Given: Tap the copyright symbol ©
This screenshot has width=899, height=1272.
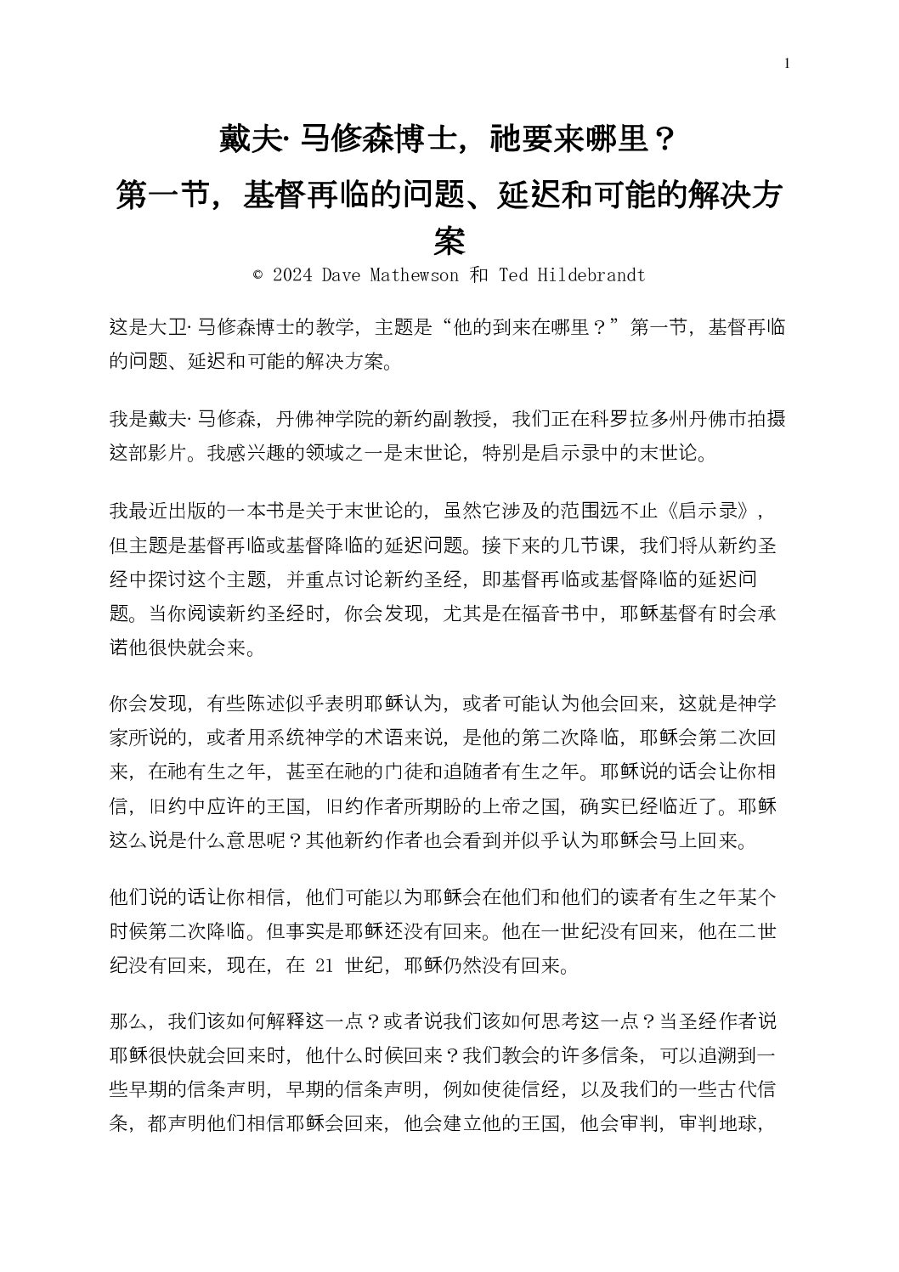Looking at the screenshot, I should point(258,275).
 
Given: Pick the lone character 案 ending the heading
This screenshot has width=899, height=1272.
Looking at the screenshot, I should point(449,240).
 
